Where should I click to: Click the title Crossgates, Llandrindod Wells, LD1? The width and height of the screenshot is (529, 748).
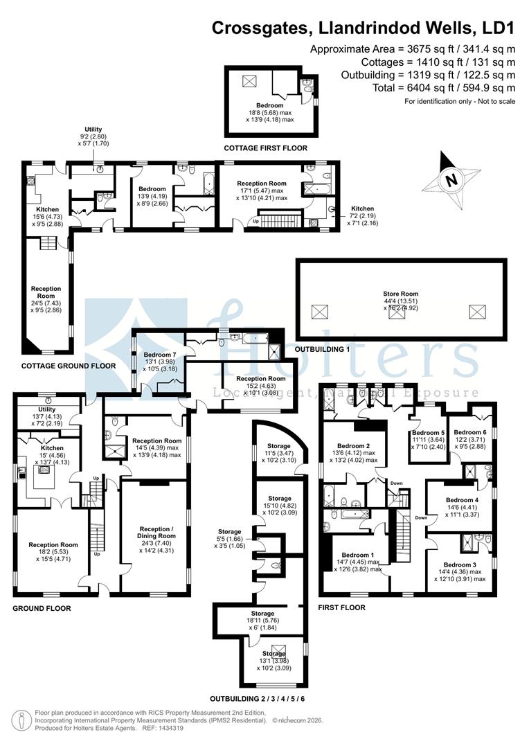tap(363, 28)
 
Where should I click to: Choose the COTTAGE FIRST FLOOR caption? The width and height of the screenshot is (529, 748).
tap(265, 148)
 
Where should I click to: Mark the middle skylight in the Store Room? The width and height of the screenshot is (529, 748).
tap(395, 312)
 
